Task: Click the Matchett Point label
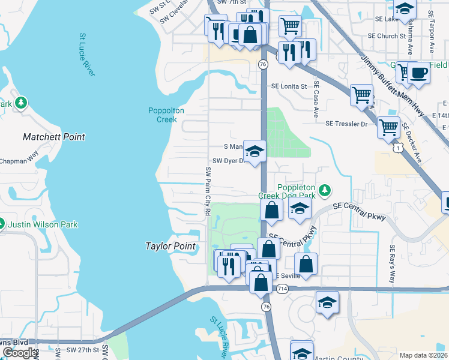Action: [54, 137]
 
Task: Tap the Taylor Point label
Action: [170, 246]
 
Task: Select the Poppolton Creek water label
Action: [166, 115]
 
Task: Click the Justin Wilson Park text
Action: [43, 225]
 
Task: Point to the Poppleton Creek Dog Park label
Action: [286, 191]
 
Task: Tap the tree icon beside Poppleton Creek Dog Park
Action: [325, 190]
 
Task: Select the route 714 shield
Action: [282, 289]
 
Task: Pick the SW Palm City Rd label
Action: [208, 191]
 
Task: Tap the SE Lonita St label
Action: [289, 86]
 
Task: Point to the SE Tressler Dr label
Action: [346, 124]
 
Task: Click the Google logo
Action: [19, 353]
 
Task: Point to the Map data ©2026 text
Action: [423, 355]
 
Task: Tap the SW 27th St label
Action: [82, 349]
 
